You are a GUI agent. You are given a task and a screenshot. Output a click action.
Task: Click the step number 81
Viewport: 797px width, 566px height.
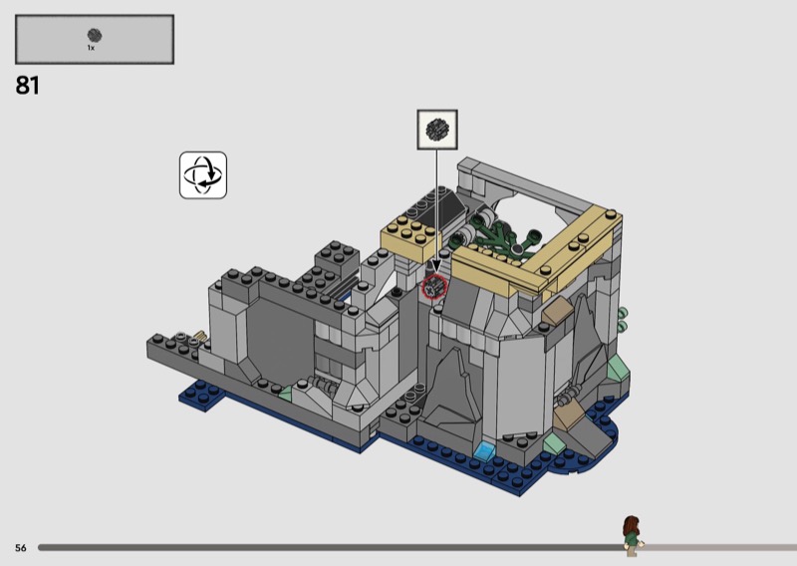tap(28, 86)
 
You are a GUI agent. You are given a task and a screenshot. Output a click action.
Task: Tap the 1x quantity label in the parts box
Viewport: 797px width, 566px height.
tap(91, 48)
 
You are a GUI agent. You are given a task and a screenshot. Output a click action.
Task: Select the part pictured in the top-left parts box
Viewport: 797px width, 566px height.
tap(95, 35)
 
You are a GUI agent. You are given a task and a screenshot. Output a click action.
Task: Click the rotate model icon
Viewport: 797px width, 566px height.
tap(203, 175)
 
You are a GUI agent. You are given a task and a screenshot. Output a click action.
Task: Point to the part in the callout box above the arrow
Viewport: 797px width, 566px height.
tap(437, 130)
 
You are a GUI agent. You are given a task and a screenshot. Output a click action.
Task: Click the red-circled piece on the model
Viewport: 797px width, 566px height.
tap(434, 286)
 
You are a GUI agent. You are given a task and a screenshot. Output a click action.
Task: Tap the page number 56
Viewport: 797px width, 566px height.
tap(20, 548)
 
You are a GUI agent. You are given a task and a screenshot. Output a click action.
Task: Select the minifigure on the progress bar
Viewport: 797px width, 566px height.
tap(632, 535)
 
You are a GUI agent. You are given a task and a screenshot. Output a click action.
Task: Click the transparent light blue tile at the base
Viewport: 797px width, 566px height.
tap(485, 450)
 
